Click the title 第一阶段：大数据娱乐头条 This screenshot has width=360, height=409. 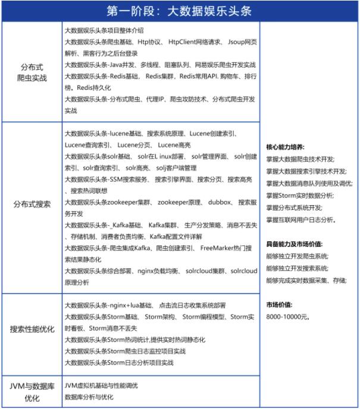coord(180,11)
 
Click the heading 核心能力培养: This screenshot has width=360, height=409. coord(285,146)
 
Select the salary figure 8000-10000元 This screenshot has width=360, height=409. coord(288,316)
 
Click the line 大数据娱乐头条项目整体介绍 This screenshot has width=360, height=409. coord(104,30)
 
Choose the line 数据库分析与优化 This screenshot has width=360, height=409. coord(89,397)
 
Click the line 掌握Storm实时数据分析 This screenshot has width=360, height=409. coord(300,195)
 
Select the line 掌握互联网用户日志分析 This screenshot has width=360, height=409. coord(301,219)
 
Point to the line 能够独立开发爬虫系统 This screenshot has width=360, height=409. coord(298,256)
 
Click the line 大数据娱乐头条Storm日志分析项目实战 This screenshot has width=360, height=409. coord(118,362)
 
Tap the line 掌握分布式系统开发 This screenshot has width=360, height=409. coord(295,207)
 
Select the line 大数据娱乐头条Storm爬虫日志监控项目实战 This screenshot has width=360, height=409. coord(124,351)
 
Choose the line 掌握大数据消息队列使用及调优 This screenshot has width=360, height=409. coord(309,183)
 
